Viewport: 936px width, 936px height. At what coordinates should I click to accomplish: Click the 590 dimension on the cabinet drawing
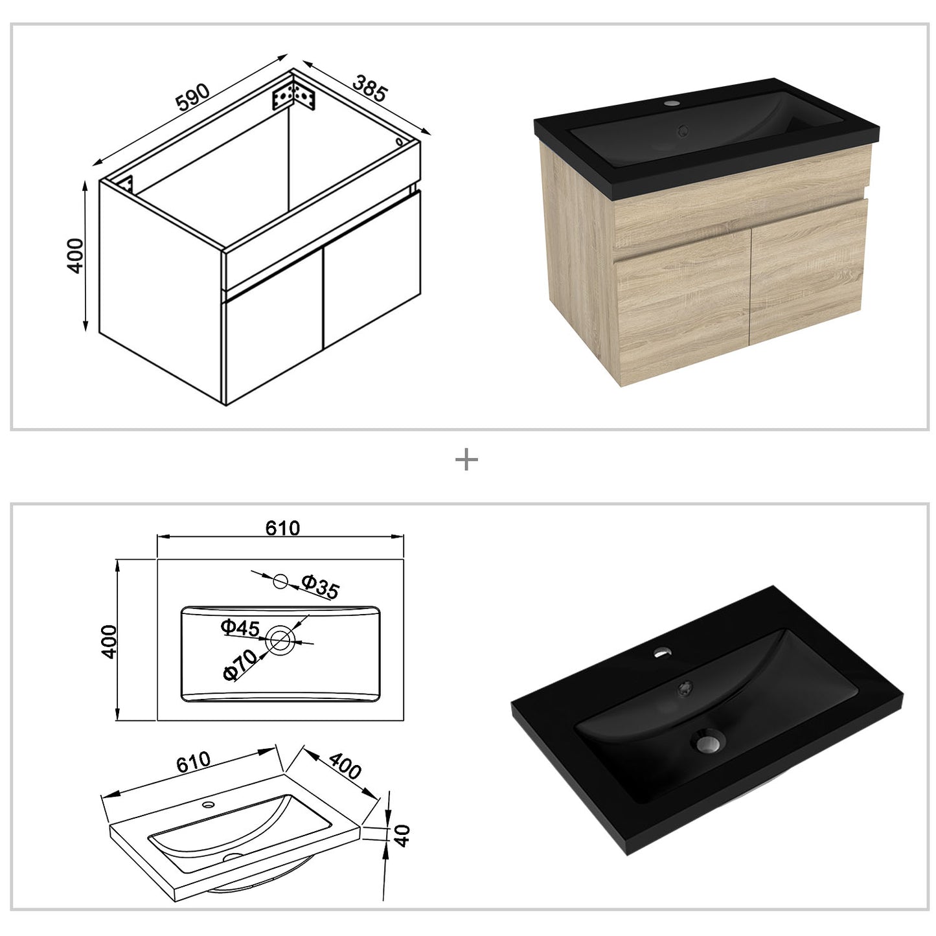[193, 95]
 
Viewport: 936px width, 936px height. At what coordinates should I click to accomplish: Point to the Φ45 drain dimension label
[240, 628]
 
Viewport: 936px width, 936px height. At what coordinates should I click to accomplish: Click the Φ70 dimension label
[238, 665]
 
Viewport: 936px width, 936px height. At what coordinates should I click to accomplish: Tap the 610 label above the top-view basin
[283, 529]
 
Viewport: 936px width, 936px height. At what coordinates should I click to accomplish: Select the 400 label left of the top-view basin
[108, 641]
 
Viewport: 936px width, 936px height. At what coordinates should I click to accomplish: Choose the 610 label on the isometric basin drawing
[192, 762]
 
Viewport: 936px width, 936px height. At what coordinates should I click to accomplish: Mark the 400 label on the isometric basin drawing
[345, 767]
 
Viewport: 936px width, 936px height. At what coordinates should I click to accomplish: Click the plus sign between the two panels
[466, 461]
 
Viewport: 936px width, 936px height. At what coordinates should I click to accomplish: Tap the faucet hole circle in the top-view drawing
[280, 581]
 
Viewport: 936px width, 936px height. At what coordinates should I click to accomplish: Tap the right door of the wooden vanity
[808, 273]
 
